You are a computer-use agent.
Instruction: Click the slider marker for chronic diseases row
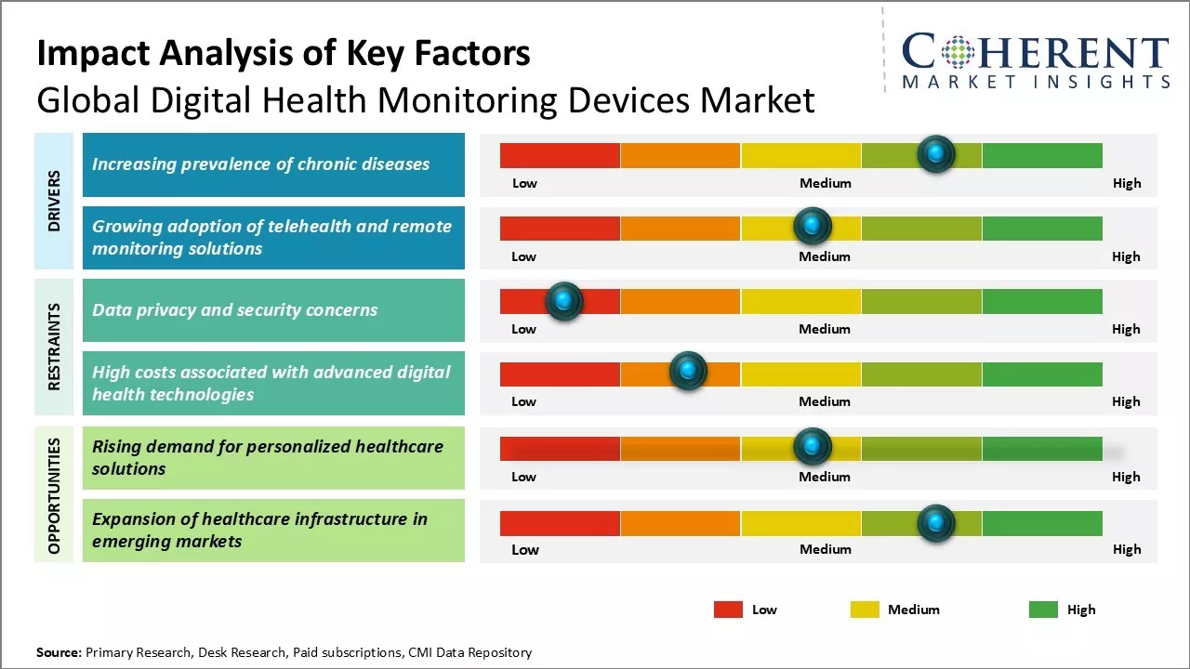coord(936,153)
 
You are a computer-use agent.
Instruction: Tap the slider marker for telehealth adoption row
coord(813,226)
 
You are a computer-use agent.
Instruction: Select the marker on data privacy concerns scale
coord(563,300)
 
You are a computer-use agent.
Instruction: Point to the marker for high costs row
coord(688,372)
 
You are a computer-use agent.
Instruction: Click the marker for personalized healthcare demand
coord(813,447)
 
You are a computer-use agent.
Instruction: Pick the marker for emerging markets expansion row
coord(936,523)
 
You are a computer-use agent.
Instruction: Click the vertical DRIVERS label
coord(54,201)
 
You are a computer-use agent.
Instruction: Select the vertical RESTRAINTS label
coord(54,347)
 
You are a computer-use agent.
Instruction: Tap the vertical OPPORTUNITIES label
coord(54,495)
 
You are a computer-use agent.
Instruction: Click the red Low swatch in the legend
coord(728,610)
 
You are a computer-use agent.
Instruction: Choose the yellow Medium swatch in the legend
coord(865,610)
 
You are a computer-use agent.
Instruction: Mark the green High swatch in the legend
coord(1043,610)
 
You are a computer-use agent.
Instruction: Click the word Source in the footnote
coord(59,652)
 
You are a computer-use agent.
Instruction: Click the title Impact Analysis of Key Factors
coord(284,54)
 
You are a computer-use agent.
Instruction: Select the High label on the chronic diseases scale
coord(1127,183)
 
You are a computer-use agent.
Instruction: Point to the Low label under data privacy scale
coord(523,329)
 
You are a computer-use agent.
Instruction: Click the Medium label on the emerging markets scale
coord(825,549)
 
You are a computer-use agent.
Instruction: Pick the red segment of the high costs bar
coord(560,374)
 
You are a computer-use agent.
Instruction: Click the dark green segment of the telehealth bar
coord(1041,228)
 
